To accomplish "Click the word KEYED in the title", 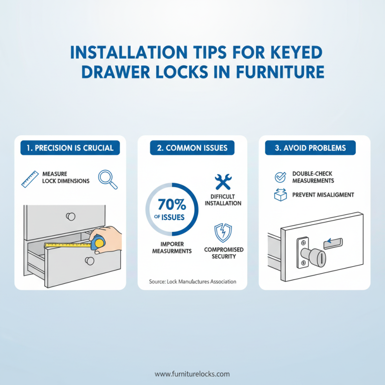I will (x=284, y=52).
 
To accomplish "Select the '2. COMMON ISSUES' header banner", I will (x=192, y=148).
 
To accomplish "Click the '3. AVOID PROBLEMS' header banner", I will (x=314, y=148).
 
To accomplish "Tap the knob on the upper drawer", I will (x=71, y=216).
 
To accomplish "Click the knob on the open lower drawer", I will (x=89, y=261).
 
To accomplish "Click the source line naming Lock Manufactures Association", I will (x=192, y=281).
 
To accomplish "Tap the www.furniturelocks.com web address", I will (x=192, y=374).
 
